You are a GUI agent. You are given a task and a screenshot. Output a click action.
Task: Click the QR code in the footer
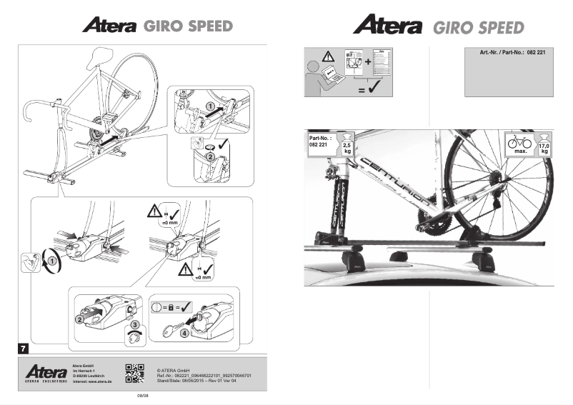click(135, 374)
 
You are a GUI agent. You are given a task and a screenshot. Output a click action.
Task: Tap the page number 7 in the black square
click(24, 348)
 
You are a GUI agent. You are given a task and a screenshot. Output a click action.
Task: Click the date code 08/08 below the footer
click(142, 394)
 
